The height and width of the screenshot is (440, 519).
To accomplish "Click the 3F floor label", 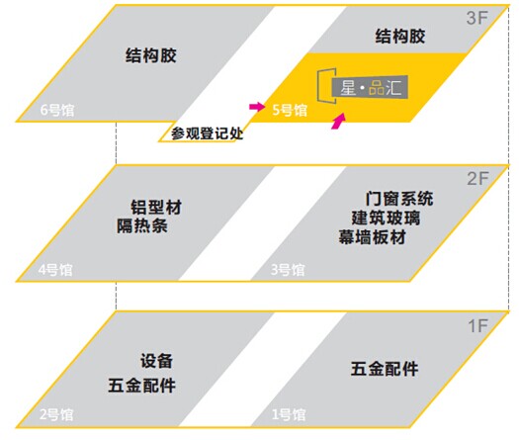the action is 477,18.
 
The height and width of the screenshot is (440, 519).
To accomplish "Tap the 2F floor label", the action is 477,179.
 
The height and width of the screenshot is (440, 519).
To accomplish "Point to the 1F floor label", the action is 477,325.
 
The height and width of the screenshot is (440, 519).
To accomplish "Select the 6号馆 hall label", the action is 57,110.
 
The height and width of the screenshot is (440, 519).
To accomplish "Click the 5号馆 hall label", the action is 290,110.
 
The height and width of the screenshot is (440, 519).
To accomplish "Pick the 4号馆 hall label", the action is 55,270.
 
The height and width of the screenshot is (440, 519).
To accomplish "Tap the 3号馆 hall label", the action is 288,270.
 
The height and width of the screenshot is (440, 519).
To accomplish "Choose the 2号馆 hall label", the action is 56,414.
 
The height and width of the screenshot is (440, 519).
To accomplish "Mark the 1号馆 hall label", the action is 289,414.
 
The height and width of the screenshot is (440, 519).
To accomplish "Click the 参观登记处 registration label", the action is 208,133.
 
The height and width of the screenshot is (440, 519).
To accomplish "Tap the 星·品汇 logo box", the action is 370,87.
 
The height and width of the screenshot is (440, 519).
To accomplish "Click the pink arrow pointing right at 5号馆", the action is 257,107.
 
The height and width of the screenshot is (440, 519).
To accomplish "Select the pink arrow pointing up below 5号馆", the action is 339,122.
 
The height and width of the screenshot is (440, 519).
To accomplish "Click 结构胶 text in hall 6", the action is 151,55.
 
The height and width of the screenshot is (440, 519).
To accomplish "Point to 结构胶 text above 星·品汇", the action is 400,36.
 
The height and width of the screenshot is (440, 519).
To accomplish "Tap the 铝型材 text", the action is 156,208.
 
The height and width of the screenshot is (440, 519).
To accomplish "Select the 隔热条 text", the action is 142,226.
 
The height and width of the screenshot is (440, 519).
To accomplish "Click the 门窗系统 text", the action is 399,199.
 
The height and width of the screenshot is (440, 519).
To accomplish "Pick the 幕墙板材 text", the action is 372,237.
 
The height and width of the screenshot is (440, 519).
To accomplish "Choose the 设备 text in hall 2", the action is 156,361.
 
